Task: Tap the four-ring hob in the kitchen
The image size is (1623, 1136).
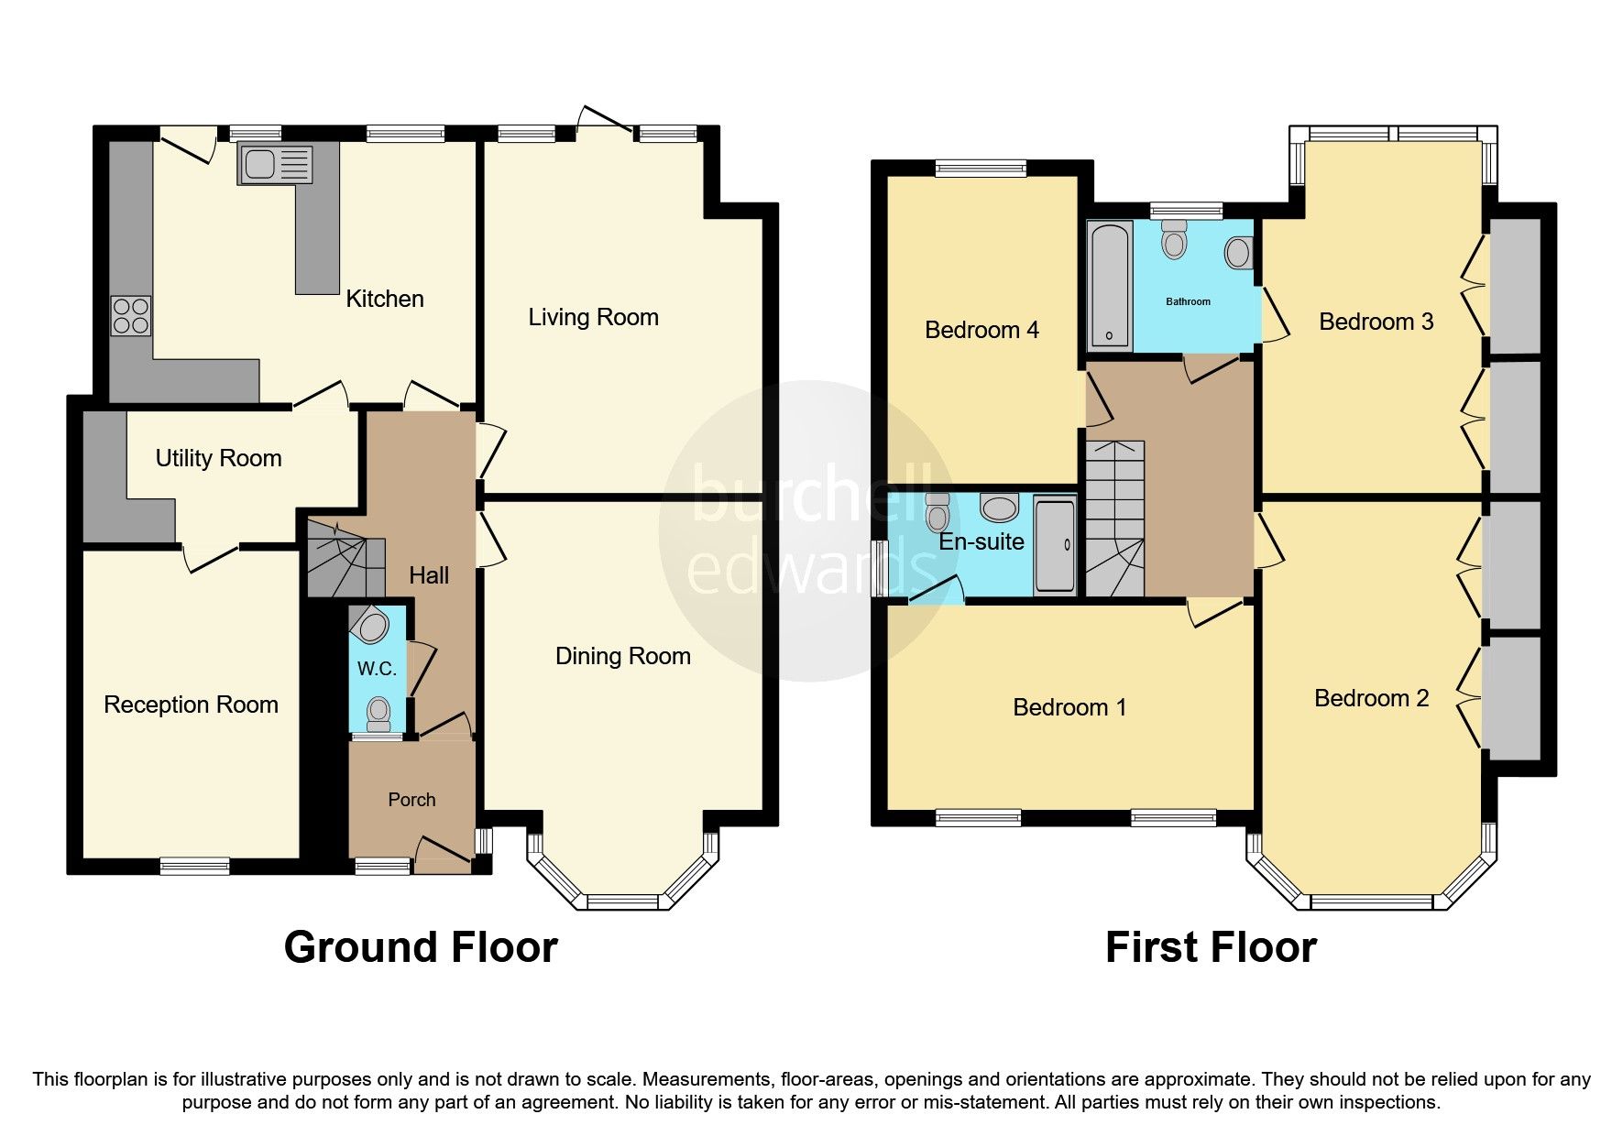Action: (x=131, y=316)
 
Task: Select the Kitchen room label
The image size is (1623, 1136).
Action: (x=384, y=299)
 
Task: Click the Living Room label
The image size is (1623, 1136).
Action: (x=593, y=318)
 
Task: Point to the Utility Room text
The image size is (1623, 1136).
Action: (x=218, y=458)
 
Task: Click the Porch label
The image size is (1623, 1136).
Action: (x=411, y=800)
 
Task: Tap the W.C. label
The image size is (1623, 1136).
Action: (x=377, y=669)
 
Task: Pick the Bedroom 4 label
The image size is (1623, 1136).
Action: (x=981, y=330)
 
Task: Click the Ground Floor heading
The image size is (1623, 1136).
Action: (x=421, y=947)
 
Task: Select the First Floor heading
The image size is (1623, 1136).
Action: (x=1211, y=947)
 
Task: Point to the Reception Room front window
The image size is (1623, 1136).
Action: (x=194, y=863)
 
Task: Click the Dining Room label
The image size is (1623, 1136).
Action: (x=622, y=656)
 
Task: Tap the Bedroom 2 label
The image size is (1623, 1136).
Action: (x=1371, y=699)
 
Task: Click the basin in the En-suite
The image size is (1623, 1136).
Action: (x=998, y=507)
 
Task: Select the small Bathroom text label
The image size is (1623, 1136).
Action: (x=1188, y=301)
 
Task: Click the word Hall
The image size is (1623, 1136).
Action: (x=428, y=575)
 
